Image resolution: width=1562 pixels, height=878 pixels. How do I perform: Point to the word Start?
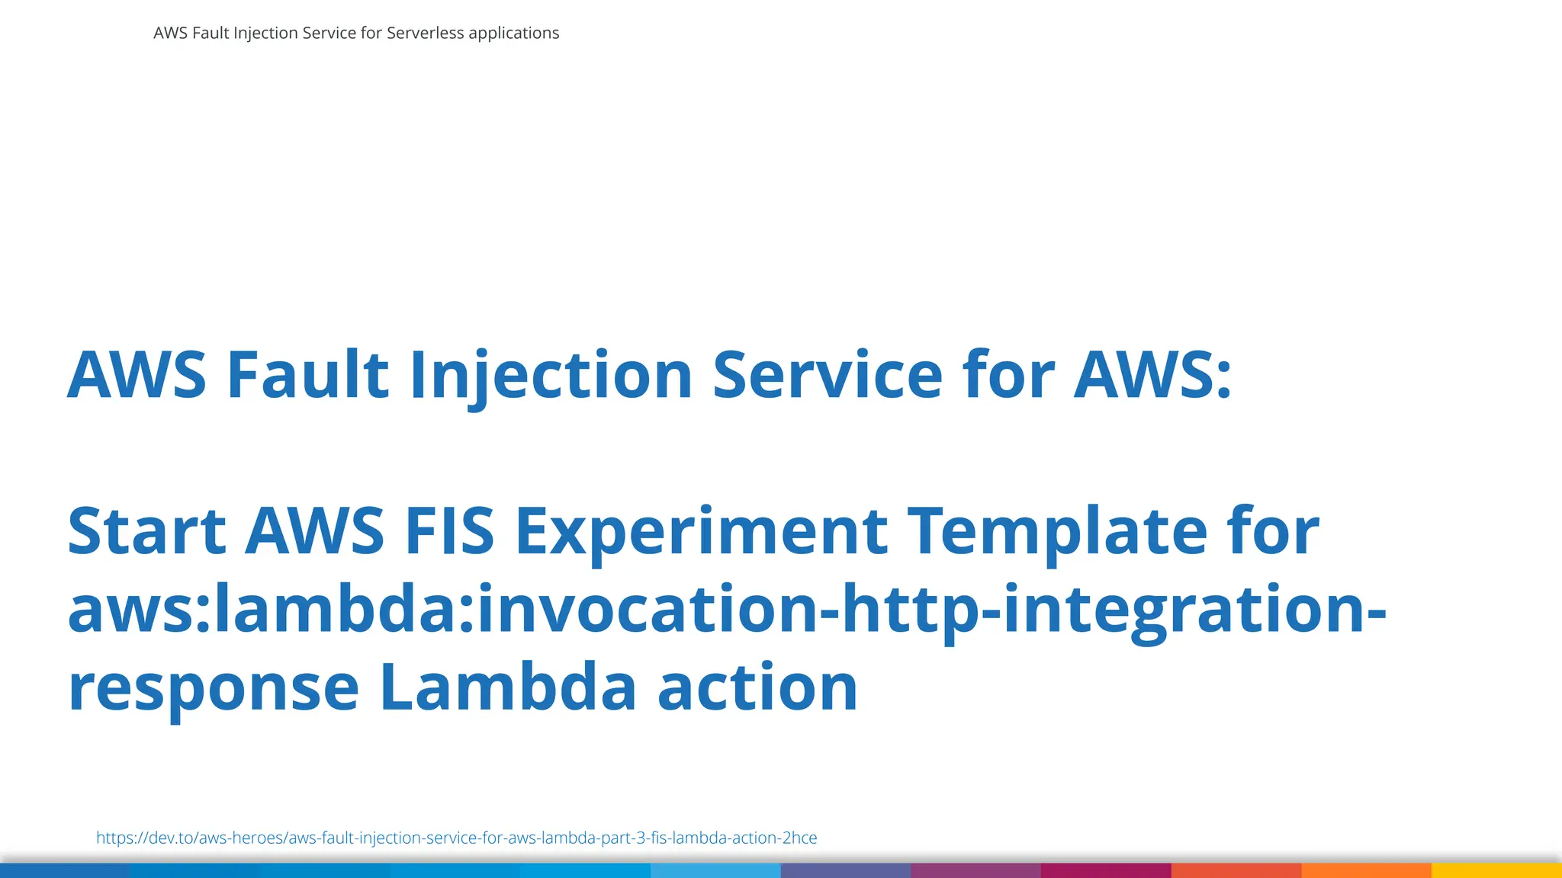(x=146, y=531)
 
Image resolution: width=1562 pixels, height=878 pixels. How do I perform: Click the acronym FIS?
(x=449, y=531)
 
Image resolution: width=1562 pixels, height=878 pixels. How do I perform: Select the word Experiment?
(x=701, y=531)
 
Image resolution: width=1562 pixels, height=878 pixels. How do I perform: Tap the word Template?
(x=1057, y=531)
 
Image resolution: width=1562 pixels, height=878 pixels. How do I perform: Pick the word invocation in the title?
(x=647, y=610)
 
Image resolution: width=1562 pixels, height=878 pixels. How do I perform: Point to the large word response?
(x=213, y=688)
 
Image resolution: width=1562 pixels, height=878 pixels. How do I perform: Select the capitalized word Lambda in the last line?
(x=507, y=688)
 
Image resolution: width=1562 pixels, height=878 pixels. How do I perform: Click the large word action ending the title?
(x=757, y=688)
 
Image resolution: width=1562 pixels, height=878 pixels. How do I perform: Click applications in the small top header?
(x=513, y=33)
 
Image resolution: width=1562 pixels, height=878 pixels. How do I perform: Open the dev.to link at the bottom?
(x=456, y=838)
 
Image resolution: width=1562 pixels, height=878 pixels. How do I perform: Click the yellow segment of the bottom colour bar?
(x=1496, y=870)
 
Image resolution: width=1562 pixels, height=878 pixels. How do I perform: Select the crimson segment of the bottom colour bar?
(x=1106, y=870)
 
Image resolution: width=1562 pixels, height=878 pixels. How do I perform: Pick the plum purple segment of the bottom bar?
(x=975, y=870)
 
